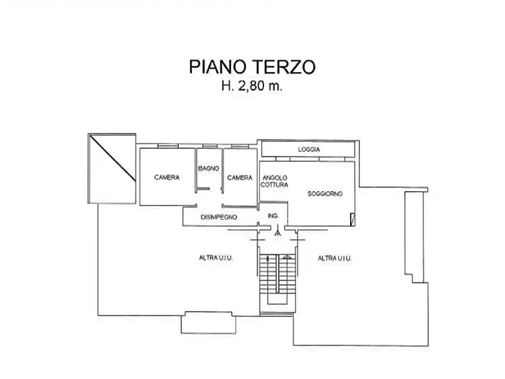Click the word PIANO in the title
pos(217,67)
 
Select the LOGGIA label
pos(309,150)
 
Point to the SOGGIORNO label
pos(325,194)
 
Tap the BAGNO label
pos(209,168)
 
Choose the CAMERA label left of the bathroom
pos(167,178)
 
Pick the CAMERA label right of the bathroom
pos(240,178)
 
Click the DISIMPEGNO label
pos(219,217)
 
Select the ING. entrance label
pos(273,216)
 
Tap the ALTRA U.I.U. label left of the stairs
pos(217,258)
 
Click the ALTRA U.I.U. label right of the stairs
pos(335,258)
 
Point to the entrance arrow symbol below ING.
pos(277,231)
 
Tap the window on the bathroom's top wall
pos(209,147)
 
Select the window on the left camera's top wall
pos(167,147)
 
